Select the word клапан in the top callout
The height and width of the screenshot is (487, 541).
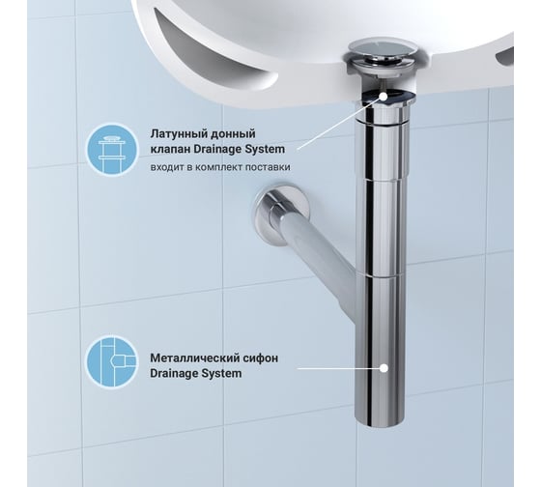coord(170,150)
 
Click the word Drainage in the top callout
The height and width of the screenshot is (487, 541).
coord(217,149)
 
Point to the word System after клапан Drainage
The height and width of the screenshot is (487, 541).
coord(265,149)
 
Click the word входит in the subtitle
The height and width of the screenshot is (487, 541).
coord(163,167)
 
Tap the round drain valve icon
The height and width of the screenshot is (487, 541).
coord(112,150)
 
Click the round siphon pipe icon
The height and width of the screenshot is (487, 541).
coord(112,362)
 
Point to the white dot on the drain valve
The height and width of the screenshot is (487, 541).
coord(384,97)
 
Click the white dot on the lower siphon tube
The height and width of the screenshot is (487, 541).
coord(384,368)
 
